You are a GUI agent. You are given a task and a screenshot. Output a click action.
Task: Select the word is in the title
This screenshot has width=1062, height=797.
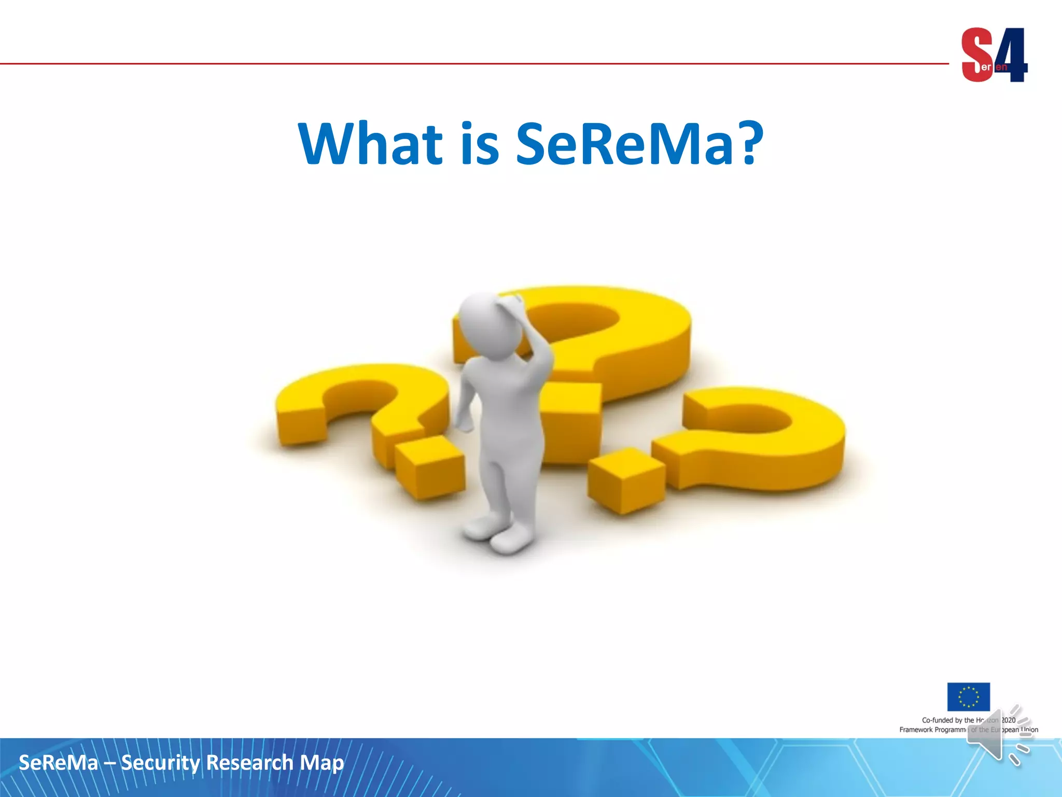pos(480,144)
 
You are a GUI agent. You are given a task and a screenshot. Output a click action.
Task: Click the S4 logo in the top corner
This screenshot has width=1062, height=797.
pos(994,55)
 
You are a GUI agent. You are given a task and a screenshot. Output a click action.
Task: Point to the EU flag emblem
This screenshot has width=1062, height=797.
pos(968,696)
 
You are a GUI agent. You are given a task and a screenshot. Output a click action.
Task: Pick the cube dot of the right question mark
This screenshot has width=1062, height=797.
pos(626,480)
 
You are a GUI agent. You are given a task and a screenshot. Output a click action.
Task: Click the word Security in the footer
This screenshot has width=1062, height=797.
pos(160,763)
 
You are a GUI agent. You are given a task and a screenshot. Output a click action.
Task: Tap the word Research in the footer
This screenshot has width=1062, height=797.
pos(249,763)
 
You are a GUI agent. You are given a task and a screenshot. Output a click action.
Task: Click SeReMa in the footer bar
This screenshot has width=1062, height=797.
pos(58,763)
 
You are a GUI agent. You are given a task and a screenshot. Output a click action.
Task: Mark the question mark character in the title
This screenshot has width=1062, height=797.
pos(747,142)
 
